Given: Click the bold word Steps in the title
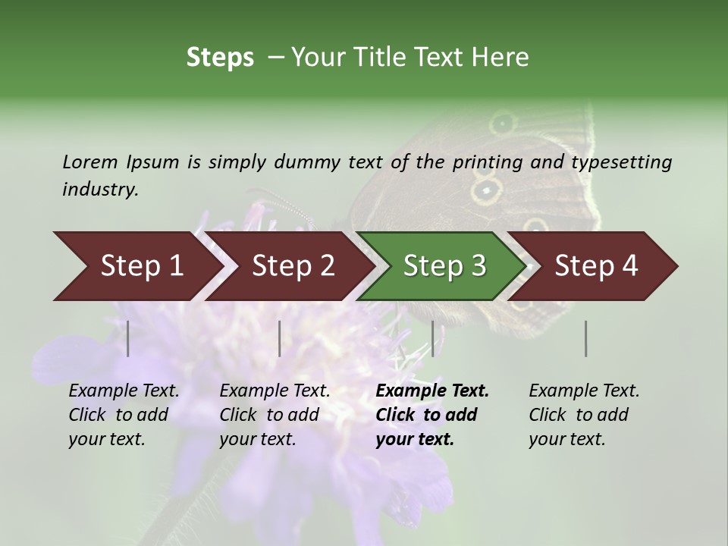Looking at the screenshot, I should pyautogui.click(x=220, y=57).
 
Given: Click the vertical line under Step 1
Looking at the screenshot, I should pyautogui.click(x=128, y=338).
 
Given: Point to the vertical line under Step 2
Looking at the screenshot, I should pyautogui.click(x=280, y=338).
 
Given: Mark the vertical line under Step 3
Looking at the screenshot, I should pyautogui.click(x=433, y=338).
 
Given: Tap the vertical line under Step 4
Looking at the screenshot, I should pyautogui.click(x=586, y=338).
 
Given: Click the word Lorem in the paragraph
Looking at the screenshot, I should pyautogui.click(x=89, y=162).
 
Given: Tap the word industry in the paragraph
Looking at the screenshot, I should pyautogui.click(x=99, y=189).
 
